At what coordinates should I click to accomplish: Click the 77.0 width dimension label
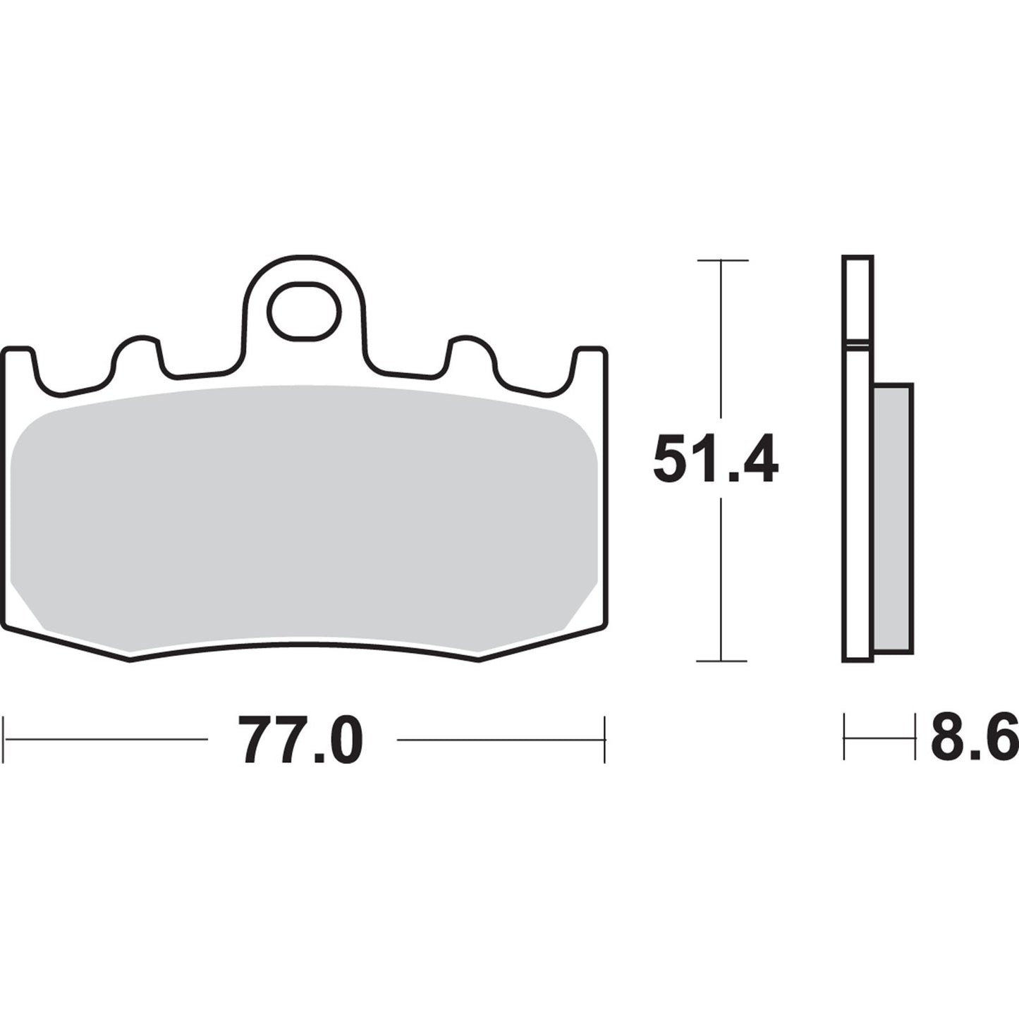coord(301,740)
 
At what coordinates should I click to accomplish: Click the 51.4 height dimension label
coord(715,459)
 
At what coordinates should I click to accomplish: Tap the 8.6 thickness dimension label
coord(974,737)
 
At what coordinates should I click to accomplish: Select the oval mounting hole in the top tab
coord(304,311)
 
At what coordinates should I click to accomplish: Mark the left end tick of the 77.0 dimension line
coord(5,740)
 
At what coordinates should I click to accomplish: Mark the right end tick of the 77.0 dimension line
coord(604,740)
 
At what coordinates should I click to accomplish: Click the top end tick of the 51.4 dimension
coord(721,260)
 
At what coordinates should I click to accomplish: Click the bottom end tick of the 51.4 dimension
coord(721,661)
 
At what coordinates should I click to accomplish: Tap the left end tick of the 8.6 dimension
coord(844,738)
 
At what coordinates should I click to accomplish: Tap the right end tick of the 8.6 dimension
coord(915,738)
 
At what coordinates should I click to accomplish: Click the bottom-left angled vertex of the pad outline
coord(130,659)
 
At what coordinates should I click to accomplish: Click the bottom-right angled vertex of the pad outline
coord(479,659)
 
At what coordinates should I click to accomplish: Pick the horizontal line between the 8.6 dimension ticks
coord(879,738)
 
